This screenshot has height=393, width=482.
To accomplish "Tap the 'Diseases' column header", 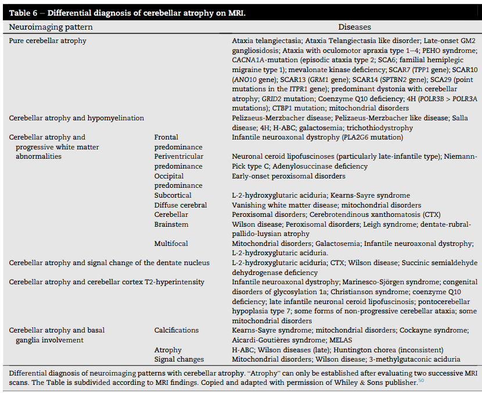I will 354,27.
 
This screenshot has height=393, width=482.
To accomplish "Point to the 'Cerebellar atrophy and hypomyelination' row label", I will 76,118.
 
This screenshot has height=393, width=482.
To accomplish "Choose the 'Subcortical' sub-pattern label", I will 172,195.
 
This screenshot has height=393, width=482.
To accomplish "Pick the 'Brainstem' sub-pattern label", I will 171,224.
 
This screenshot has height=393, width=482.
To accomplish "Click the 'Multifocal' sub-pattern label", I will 171,243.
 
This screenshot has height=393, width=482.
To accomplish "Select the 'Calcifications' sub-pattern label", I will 176,330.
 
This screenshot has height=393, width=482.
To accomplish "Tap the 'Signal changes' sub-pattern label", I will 179,359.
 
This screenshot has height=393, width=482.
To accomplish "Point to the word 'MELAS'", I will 341,340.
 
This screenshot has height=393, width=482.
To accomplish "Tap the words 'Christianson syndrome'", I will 373,292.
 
